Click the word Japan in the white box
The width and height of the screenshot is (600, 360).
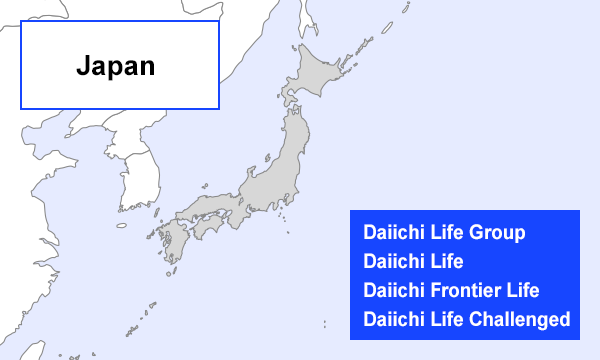point(115,67)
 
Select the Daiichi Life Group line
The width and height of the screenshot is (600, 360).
point(443,233)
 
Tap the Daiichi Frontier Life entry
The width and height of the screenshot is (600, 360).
point(450,291)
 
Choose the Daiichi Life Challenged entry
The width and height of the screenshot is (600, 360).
point(466,320)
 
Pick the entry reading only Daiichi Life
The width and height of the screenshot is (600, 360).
point(412,262)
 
